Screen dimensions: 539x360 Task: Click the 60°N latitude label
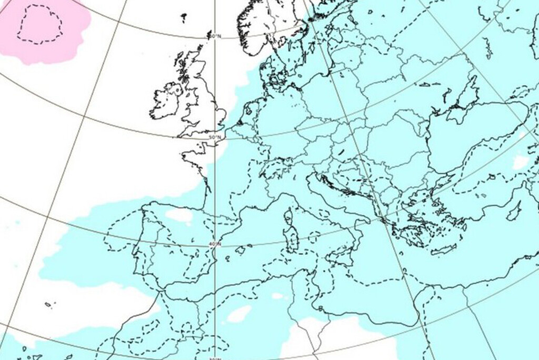[x=214, y=36]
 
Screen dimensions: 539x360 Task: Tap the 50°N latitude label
[x=215, y=138]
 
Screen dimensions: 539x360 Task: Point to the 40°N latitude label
[x=215, y=244]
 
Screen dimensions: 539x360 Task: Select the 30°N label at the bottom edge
[x=214, y=358]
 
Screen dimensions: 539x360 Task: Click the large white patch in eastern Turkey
[x=521, y=162]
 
